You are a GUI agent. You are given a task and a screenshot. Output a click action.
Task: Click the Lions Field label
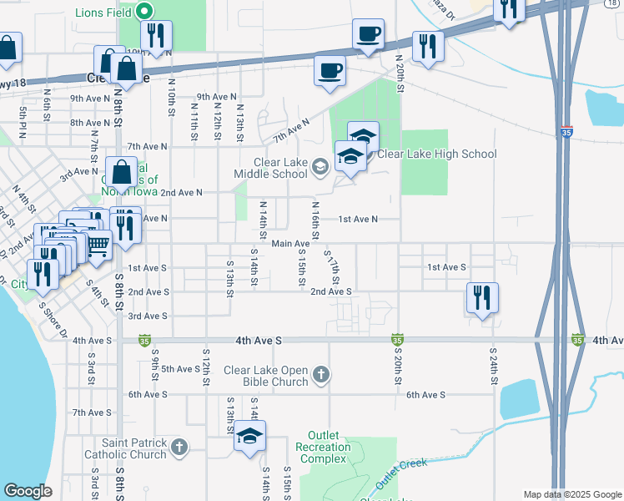click(104, 13)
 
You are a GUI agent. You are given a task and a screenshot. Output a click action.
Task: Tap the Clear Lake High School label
click(436, 154)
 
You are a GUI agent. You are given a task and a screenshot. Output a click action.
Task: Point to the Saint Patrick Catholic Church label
click(125, 448)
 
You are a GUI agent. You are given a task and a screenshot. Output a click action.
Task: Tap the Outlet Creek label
click(400, 473)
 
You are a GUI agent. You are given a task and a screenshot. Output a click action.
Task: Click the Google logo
click(27, 491)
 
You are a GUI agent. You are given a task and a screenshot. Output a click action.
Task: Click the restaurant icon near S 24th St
click(482, 298)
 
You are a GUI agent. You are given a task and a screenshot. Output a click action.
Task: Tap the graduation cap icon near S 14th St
click(249, 437)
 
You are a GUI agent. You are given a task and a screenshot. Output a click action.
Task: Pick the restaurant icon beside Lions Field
click(156, 35)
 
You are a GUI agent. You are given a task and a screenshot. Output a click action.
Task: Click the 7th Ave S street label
click(92, 412)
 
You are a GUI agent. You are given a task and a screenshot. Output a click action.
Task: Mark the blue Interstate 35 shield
click(566, 132)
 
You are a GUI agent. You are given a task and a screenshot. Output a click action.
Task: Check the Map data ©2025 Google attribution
click(571, 494)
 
